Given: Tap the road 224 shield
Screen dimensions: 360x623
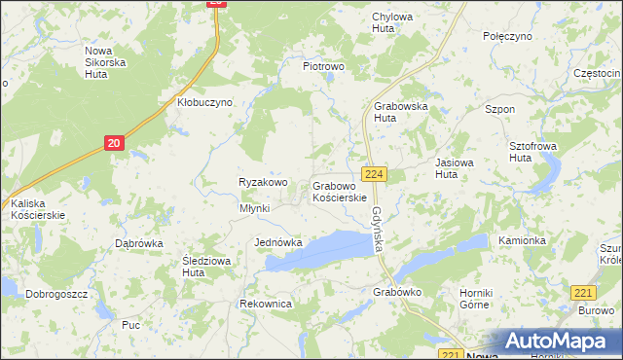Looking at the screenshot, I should pyautogui.click(x=376, y=174).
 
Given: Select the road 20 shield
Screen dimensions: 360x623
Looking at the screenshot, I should pyautogui.click(x=115, y=144).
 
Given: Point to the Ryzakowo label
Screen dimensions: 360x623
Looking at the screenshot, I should pyautogui.click(x=263, y=182).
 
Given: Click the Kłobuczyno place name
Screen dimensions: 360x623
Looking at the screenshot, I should pyautogui.click(x=204, y=102).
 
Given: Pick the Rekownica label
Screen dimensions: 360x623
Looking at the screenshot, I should pyautogui.click(x=266, y=304).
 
